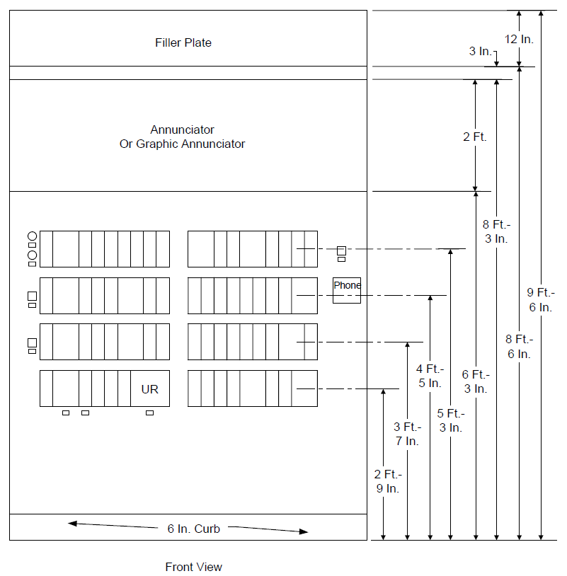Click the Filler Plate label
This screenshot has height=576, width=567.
point(183,42)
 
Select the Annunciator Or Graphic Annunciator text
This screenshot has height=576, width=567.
point(182,137)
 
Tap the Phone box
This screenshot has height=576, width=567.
point(347,290)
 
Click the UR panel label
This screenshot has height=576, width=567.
point(149,389)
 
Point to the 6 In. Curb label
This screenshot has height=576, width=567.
point(194,529)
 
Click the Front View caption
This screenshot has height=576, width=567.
point(194,567)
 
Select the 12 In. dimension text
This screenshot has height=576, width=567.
point(519,39)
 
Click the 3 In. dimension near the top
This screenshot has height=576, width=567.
point(480,51)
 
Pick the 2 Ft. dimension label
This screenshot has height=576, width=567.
point(475,137)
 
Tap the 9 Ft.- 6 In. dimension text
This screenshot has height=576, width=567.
point(541,300)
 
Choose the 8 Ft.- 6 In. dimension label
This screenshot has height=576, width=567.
point(519,347)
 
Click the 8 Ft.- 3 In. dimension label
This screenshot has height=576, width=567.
point(496,231)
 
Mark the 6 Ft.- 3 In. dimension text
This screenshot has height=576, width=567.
point(476,381)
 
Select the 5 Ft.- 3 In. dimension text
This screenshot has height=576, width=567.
point(451,420)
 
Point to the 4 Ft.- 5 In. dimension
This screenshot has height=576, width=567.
point(430,376)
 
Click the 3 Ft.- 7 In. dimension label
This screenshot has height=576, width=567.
point(407,434)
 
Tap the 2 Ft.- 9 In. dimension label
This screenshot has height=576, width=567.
point(388,481)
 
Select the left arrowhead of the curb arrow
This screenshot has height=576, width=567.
point(72,524)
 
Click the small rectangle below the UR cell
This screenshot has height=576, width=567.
point(149,413)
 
